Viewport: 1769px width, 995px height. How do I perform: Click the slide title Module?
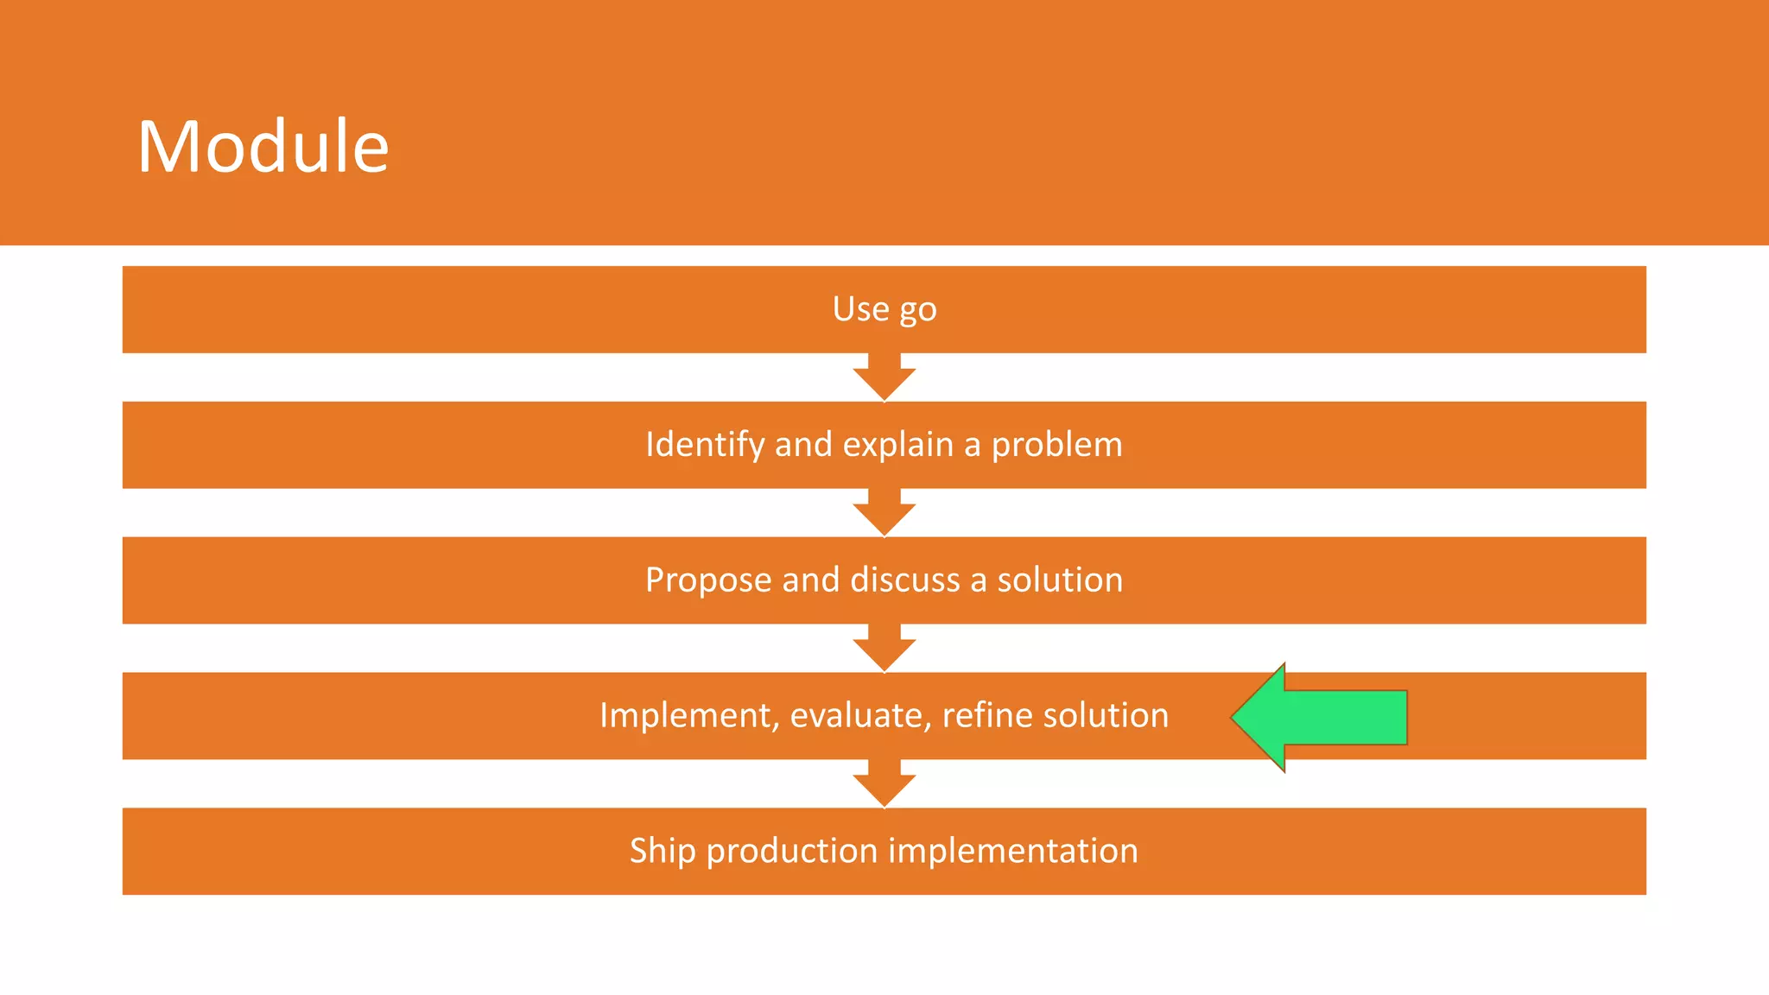pos(263,147)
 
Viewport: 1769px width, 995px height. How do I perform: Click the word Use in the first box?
pos(860,308)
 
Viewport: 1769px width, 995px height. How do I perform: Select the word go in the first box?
pos(918,310)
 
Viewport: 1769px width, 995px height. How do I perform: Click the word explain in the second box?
pos(897,445)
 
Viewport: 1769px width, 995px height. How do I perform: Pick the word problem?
pos(1056,445)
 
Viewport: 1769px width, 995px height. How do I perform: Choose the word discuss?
pos(904,580)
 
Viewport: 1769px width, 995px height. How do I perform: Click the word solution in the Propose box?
pos(1060,580)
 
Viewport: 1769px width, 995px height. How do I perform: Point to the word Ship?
pos(663,851)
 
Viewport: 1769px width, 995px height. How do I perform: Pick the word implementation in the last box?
pos(1013,851)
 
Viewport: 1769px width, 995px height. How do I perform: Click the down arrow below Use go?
pos(884,378)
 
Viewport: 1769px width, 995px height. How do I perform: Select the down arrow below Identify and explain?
pos(884,514)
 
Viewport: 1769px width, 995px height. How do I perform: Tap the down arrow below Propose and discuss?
pos(884,650)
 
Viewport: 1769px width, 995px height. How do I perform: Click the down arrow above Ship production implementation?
pos(884,784)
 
